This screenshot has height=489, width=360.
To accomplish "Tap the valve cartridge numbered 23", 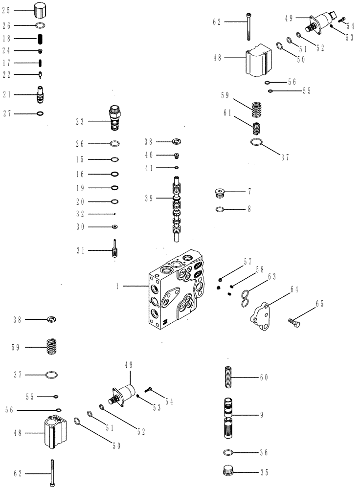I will point(114,119).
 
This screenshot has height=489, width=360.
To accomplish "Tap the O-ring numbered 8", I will point(221,209).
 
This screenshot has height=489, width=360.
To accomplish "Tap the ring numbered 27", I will point(41,114).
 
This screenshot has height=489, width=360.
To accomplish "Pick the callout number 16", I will point(80,174).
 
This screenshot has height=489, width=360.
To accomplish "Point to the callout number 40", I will point(148,155).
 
